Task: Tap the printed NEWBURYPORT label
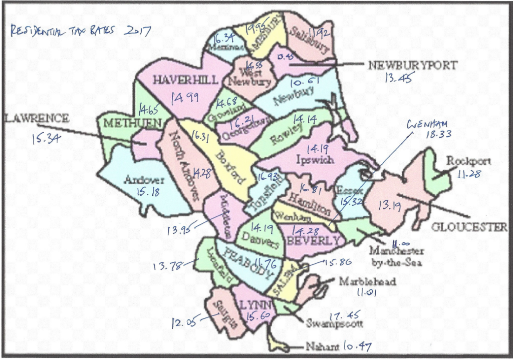413,65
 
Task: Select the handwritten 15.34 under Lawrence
46,139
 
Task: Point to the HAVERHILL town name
185,80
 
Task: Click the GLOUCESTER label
469,227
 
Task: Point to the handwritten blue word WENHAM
427,125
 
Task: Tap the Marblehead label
367,281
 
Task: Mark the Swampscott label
335,323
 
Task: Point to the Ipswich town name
315,160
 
